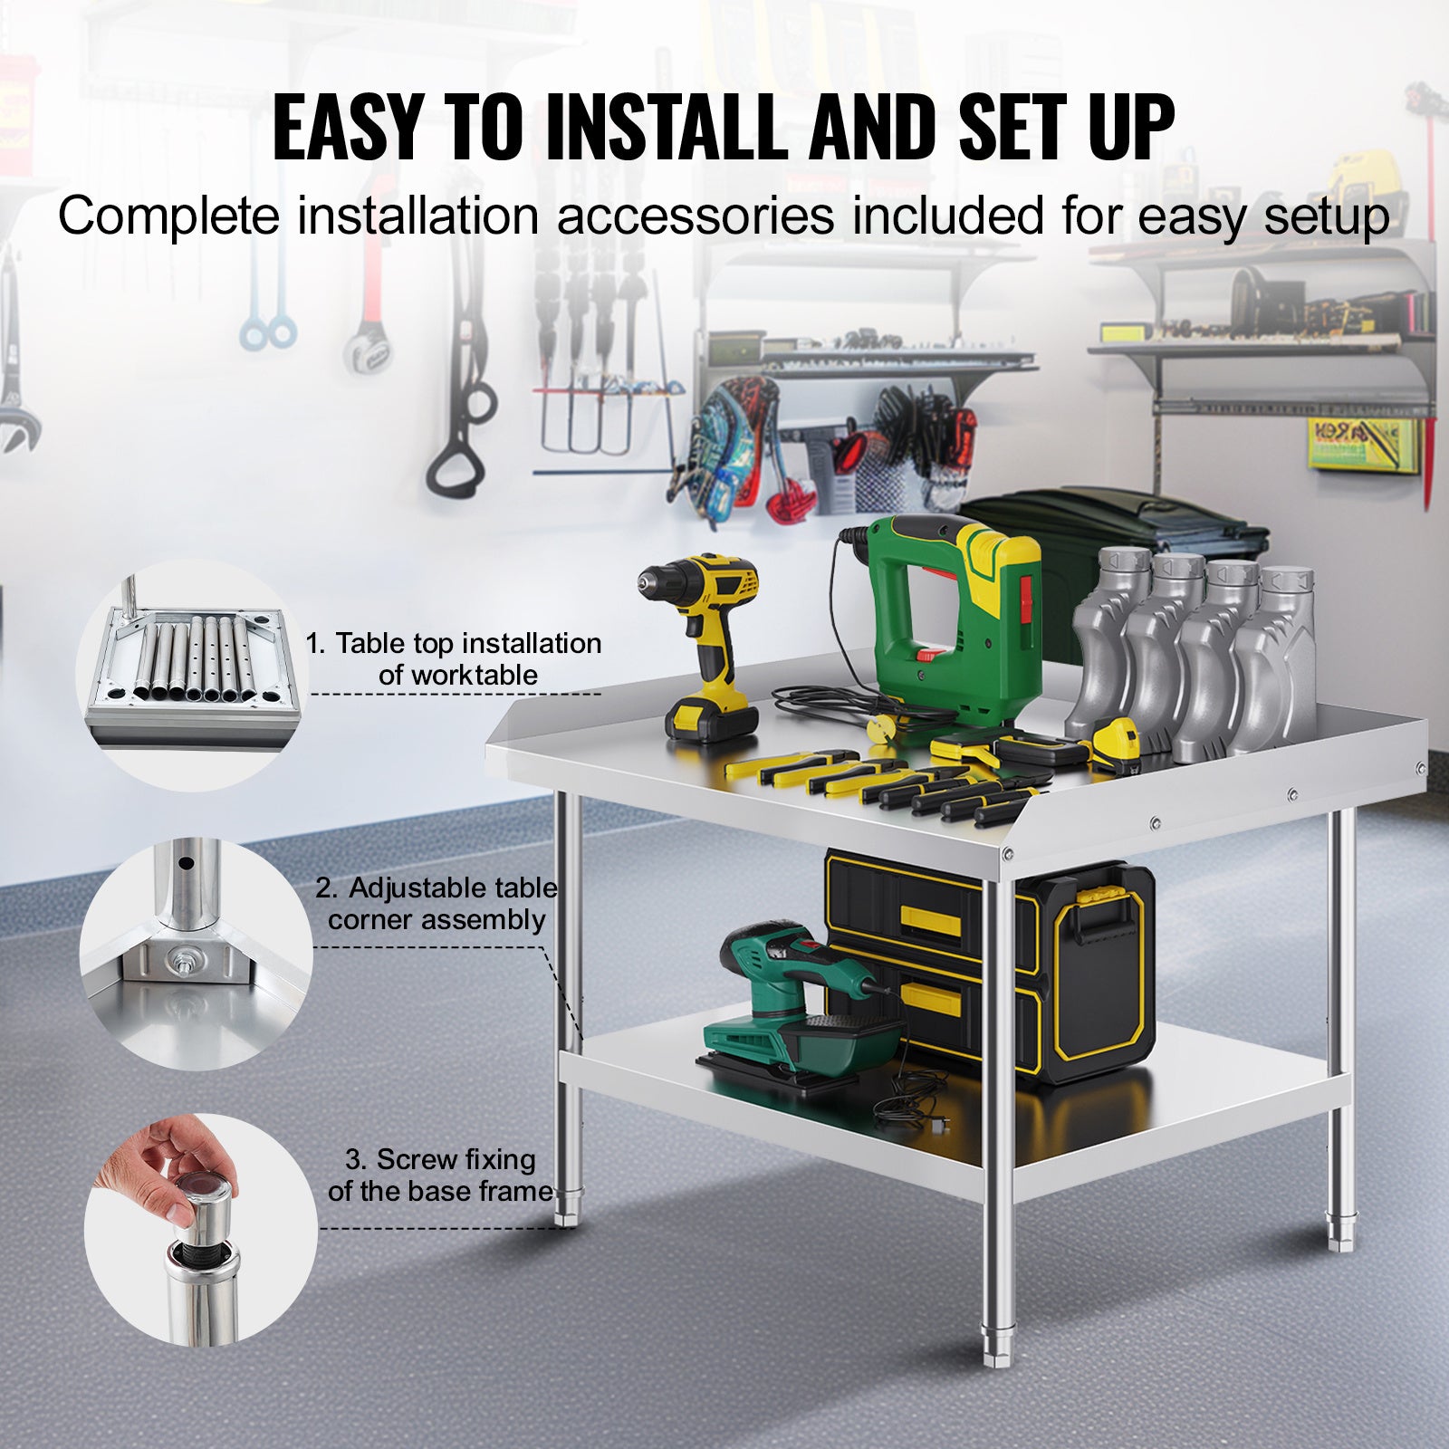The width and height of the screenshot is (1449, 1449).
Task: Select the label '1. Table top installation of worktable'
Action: (454, 659)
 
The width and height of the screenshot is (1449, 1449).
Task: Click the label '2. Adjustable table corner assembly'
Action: (437, 904)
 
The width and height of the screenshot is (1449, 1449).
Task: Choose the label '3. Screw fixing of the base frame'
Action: (440, 1175)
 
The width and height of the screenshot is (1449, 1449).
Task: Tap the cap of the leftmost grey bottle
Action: (1123, 562)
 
